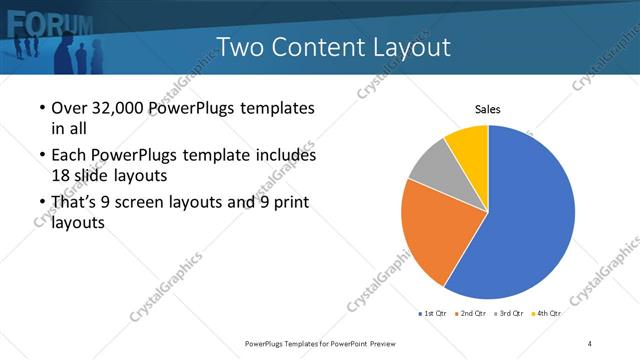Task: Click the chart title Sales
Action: click(487, 109)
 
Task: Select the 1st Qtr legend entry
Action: click(432, 314)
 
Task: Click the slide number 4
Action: click(590, 343)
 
